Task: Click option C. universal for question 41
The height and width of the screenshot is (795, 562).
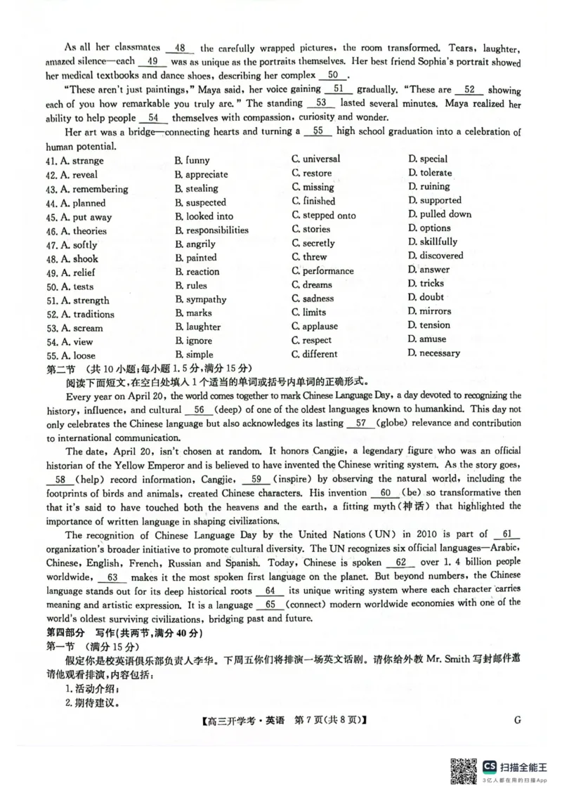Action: (x=315, y=159)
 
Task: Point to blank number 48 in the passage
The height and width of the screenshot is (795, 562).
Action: (x=180, y=48)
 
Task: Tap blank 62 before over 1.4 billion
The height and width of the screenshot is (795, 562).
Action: (x=401, y=562)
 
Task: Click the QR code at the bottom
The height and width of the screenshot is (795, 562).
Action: (x=462, y=770)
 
